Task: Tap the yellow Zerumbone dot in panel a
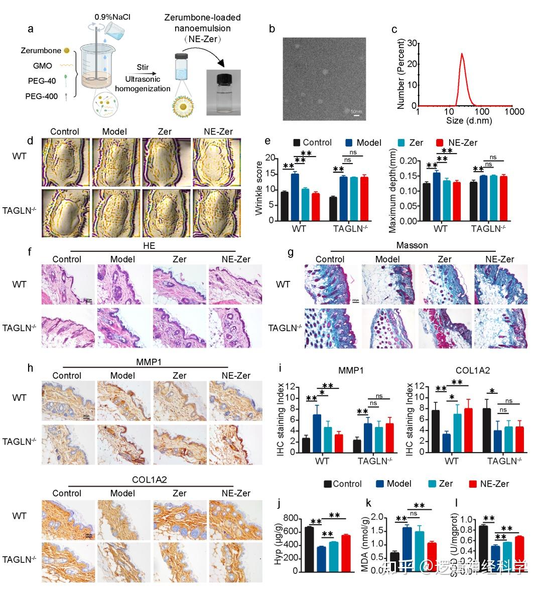coord(67,50)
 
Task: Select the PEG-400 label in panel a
coord(42,96)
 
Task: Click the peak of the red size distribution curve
coord(462,54)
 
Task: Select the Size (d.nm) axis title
coord(469,120)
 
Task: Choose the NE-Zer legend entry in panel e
coord(457,142)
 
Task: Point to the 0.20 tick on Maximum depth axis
coord(408,161)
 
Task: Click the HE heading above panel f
coord(149,246)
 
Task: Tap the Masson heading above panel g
coord(412,245)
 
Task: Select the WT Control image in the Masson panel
coord(331,284)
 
